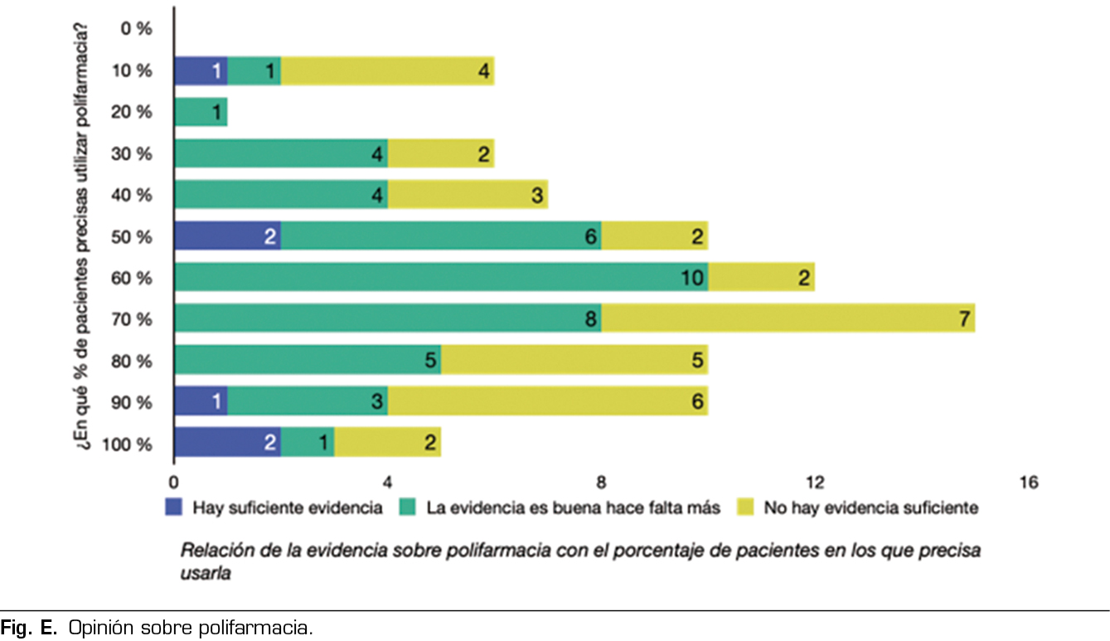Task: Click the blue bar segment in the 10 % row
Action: [201, 71]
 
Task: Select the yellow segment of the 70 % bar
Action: [788, 318]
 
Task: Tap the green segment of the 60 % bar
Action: [439, 277]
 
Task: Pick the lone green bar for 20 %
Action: [201, 112]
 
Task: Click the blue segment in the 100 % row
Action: [227, 442]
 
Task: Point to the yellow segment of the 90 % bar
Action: [547, 401]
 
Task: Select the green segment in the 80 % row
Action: [307, 360]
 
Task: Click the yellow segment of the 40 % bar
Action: [468, 195]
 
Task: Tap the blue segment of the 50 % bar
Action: [227, 236]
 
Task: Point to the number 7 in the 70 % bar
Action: [964, 318]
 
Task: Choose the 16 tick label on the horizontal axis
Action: [1028, 482]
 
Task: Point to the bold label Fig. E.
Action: [28, 628]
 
